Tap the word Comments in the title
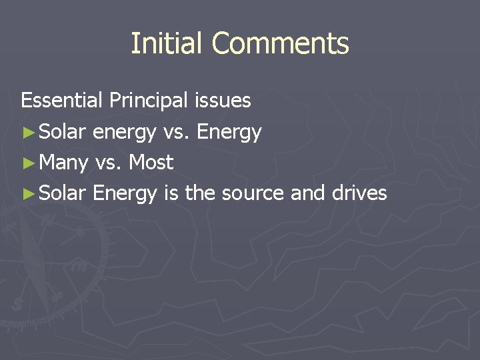tap(281, 43)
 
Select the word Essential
tap(61, 101)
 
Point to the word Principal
tap(149, 101)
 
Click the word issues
tap(223, 101)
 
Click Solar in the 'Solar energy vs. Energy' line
tap(63, 132)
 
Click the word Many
tap(64, 163)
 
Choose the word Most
tap(151, 162)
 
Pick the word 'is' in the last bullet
tap(170, 193)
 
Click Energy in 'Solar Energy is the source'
tap(125, 194)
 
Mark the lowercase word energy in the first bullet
tap(125, 133)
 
